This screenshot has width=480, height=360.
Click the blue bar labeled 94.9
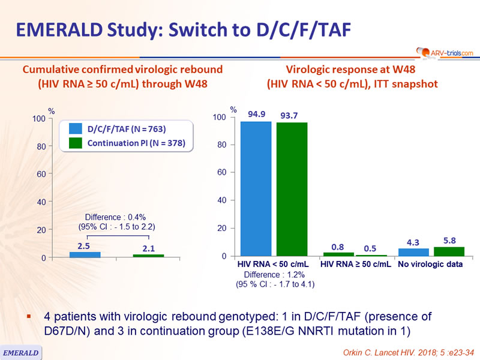pyautogui.click(x=256, y=188)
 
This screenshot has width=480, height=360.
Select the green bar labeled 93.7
pyautogui.click(x=292, y=189)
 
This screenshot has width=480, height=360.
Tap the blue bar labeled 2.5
pyautogui.click(x=85, y=254)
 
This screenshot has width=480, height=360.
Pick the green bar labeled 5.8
pyautogui.click(x=449, y=251)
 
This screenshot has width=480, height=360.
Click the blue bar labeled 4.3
pyautogui.click(x=413, y=252)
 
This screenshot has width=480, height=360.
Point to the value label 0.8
pyautogui.click(x=338, y=247)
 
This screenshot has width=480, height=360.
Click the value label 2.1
pyautogui.click(x=148, y=248)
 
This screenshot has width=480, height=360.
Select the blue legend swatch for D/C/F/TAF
pyautogui.click(x=76, y=128)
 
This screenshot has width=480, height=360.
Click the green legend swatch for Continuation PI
pyautogui.click(x=76, y=143)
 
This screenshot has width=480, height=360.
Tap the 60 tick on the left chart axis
pyautogui.click(x=41, y=174)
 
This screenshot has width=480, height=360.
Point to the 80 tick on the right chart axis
pyautogui.click(x=221, y=145)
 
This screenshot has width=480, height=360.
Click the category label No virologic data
pyautogui.click(x=430, y=264)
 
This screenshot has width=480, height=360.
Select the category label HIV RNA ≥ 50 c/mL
pyautogui.click(x=355, y=264)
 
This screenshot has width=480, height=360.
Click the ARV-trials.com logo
pyautogui.click(x=445, y=53)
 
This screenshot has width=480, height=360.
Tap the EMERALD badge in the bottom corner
pyautogui.click(x=20, y=353)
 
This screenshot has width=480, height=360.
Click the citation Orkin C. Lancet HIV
pyautogui.click(x=379, y=353)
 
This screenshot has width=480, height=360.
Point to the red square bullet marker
pyautogui.click(x=29, y=317)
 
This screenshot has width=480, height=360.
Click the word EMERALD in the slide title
pyautogui.click(x=59, y=30)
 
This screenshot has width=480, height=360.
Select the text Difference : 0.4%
pyautogui.click(x=115, y=217)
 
